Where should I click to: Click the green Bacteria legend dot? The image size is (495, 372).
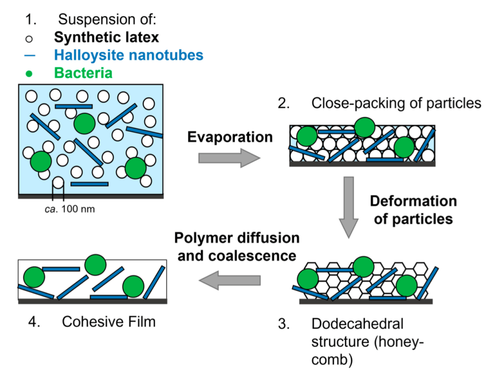31,73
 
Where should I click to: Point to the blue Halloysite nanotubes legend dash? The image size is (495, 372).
31,55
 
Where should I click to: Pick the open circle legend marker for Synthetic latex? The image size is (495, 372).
31,38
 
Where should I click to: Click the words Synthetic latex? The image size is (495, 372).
106,38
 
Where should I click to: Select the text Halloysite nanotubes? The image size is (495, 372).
128,55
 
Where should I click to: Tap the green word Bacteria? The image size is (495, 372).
83,73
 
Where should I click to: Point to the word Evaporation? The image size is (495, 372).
230,137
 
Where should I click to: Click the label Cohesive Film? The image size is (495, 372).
108,321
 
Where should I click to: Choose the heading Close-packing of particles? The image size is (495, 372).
396,103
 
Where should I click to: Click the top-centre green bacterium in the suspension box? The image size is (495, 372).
84,124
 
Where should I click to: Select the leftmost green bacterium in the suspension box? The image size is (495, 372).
41,160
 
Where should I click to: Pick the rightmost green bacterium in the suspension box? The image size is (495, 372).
135,168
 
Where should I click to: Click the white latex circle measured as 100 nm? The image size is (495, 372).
57,183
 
